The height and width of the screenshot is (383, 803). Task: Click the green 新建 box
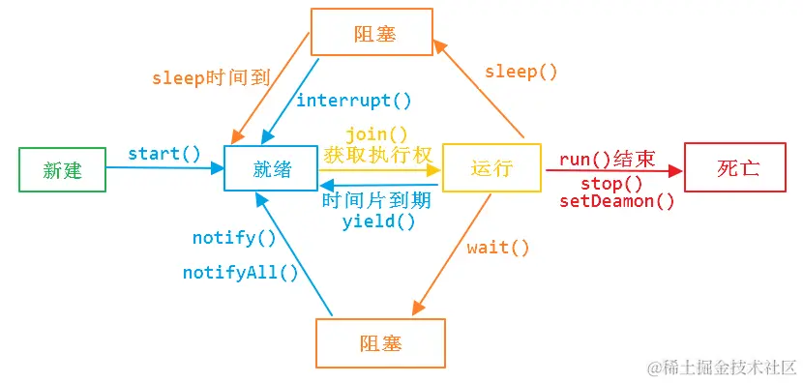click(63, 169)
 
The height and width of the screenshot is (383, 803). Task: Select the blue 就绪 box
click(272, 169)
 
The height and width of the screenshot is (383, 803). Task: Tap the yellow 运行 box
click(491, 168)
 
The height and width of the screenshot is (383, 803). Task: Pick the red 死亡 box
click(738, 167)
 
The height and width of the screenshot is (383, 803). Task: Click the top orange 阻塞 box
click(371, 33)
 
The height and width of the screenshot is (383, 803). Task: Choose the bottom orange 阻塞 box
click(380, 343)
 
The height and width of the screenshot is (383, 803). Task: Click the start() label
click(164, 153)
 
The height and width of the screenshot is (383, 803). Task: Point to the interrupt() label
click(353, 100)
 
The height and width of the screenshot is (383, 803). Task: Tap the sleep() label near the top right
click(521, 72)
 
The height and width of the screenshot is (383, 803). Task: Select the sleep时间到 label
click(210, 78)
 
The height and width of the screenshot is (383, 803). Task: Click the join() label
click(376, 133)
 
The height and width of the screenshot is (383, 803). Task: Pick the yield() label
click(378, 221)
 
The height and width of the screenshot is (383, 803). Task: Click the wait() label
click(498, 247)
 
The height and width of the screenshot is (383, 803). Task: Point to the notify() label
click(234, 237)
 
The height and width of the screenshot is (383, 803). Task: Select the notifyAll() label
click(241, 272)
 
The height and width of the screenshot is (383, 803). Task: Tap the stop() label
click(611, 184)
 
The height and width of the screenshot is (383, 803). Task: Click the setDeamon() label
click(617, 201)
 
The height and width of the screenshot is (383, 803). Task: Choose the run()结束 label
click(608, 161)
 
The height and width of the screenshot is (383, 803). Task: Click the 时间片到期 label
click(376, 201)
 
